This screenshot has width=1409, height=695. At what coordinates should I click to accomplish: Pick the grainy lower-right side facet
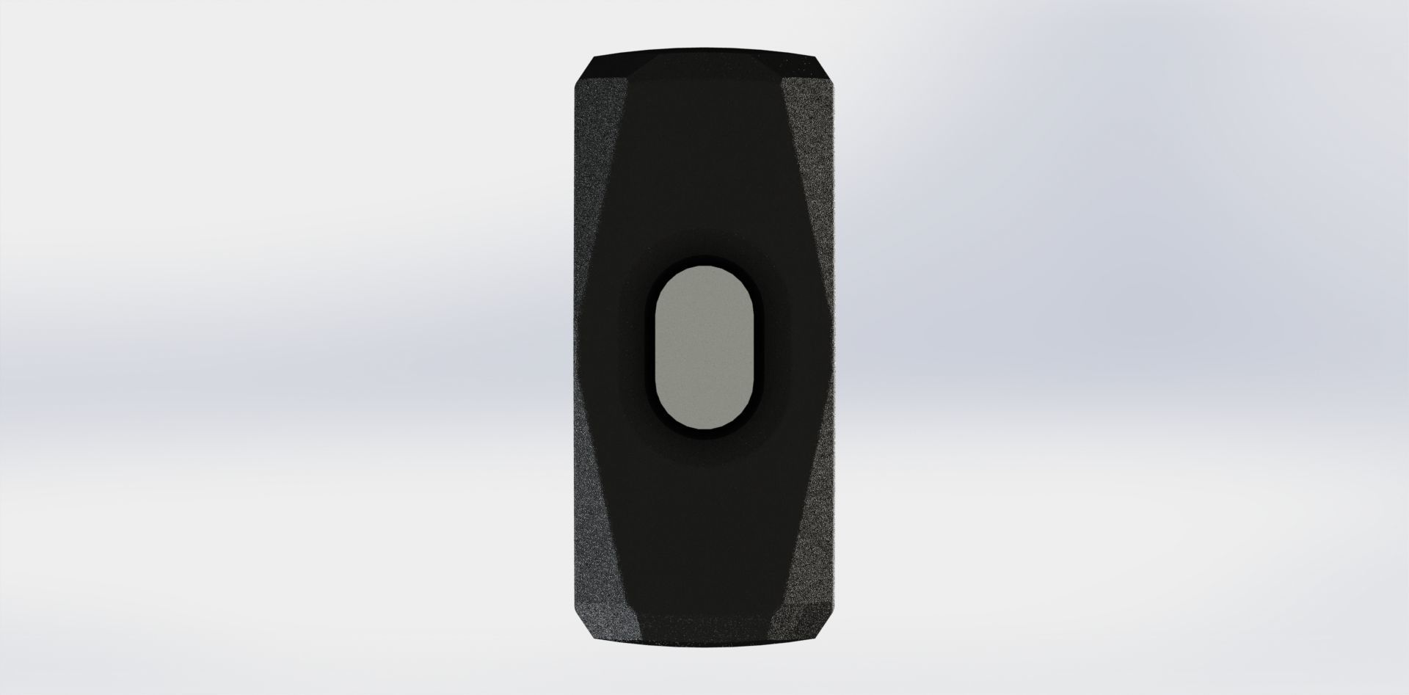pyautogui.click(x=815, y=514)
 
